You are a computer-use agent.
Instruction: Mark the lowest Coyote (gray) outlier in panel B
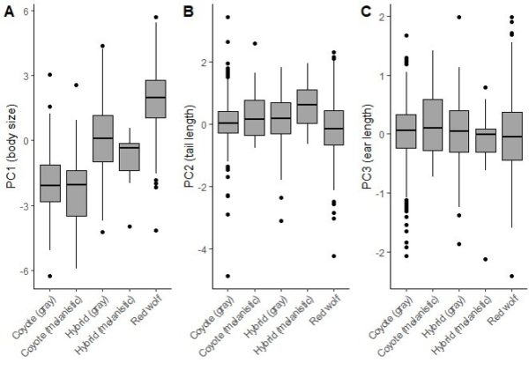pyautogui.click(x=229, y=276)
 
